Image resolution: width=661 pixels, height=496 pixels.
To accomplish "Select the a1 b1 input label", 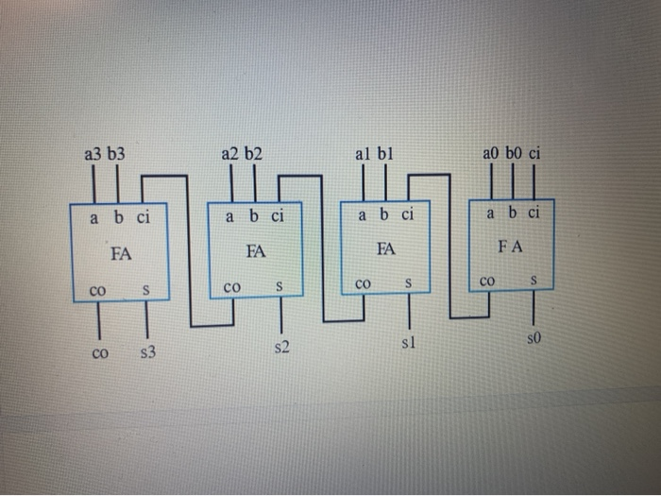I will [x=374, y=153].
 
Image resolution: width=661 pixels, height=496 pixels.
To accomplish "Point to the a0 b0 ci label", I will [x=511, y=153].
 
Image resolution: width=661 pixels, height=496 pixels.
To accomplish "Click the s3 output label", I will [x=147, y=353].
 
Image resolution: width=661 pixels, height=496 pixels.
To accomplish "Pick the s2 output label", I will [x=280, y=349].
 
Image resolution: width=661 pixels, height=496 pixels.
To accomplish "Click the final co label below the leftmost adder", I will [x=99, y=353].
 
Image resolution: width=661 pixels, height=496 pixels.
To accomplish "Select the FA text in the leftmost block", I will [x=120, y=253].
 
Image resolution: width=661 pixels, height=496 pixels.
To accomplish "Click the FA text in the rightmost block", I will [x=510, y=246].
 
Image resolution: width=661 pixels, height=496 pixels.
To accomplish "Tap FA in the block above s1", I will [x=384, y=249].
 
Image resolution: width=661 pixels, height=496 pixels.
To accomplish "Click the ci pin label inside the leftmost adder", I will [x=143, y=218].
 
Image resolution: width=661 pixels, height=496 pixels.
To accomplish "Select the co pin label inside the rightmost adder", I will [x=487, y=281].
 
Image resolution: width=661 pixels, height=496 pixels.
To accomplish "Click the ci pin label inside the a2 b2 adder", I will [x=278, y=216].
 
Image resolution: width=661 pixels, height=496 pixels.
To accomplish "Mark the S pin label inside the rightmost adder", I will [x=534, y=281].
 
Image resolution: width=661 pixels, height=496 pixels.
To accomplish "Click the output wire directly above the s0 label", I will [x=534, y=307].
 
